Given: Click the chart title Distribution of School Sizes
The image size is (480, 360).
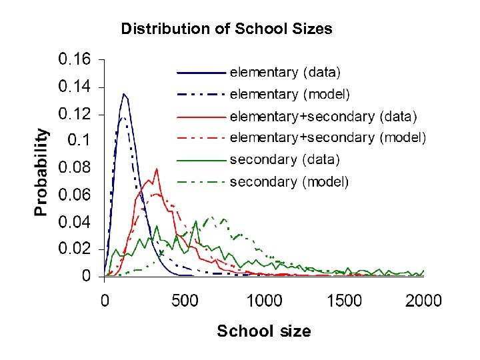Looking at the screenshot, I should (226, 29).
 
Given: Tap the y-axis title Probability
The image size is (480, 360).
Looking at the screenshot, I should (41, 171).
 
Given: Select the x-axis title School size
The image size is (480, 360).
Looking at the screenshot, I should (264, 331).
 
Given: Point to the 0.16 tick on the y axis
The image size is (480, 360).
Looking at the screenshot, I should (75, 59).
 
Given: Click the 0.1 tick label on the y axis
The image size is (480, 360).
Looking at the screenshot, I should (82, 140).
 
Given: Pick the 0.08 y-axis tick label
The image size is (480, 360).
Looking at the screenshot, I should (75, 167).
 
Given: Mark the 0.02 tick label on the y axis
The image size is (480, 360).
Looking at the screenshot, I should (75, 248).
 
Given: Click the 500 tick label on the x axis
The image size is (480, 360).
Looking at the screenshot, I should (185, 301).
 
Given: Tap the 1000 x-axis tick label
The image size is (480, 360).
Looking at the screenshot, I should (265, 301).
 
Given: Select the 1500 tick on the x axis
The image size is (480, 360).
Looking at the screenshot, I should (344, 301).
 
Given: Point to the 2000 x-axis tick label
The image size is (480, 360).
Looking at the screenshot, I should (424, 301).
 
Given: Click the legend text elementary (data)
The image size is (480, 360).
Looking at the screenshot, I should (285, 71).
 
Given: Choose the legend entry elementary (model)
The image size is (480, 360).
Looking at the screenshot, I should (289, 94).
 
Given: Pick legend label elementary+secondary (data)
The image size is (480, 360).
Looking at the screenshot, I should (323, 117).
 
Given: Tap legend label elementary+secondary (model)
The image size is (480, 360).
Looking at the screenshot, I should (327, 138).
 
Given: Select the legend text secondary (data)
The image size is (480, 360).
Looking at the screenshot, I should (285, 159).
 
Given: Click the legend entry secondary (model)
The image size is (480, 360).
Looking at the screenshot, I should (289, 181).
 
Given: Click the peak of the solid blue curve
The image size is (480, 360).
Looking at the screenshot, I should (123, 94).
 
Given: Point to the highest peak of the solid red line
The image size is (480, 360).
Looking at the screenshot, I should (157, 169).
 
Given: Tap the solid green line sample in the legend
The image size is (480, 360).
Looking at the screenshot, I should (201, 160).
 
